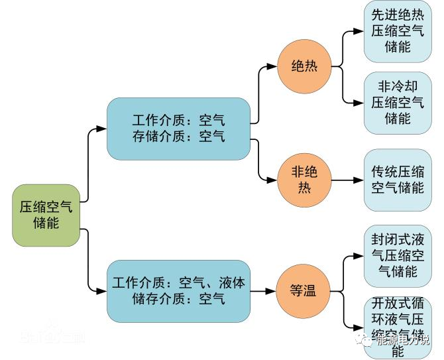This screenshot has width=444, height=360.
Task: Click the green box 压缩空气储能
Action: pos(46,215)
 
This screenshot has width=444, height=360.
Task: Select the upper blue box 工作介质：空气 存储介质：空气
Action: pos(178,129)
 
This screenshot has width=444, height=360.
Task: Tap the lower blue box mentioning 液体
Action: pos(178,291)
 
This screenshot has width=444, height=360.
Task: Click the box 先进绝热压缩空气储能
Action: pos(398,31)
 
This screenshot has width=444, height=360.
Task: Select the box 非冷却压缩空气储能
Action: pos(398,103)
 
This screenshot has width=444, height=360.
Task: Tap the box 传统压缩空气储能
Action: pos(398,180)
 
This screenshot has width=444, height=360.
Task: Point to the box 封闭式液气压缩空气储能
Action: pos(398,255)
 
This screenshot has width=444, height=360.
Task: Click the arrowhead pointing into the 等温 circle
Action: pos(272,291)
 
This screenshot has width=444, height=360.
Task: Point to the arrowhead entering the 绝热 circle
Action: pos(272,66)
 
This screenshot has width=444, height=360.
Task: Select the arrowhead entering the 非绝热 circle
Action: pos(272,180)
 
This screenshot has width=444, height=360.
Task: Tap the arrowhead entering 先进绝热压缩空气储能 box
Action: pos(359,31)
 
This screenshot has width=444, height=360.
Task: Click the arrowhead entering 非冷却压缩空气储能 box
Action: pos(359,103)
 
